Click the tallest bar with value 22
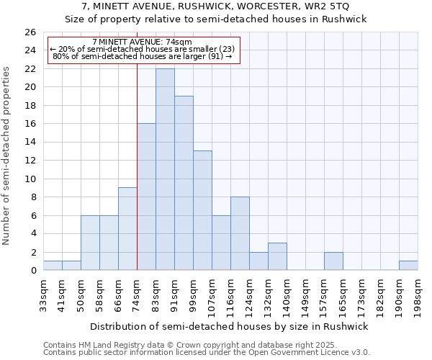[165, 169]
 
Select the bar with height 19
[184, 183]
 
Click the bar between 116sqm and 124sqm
[240, 233]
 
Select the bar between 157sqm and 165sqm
[333, 261]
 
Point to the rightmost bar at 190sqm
[408, 266]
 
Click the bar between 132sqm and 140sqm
[277, 256]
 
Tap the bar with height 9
[127, 229]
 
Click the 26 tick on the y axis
[30, 32]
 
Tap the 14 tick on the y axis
[30, 143]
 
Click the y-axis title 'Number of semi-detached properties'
[7, 156]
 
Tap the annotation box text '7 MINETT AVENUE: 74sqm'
[142, 42]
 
